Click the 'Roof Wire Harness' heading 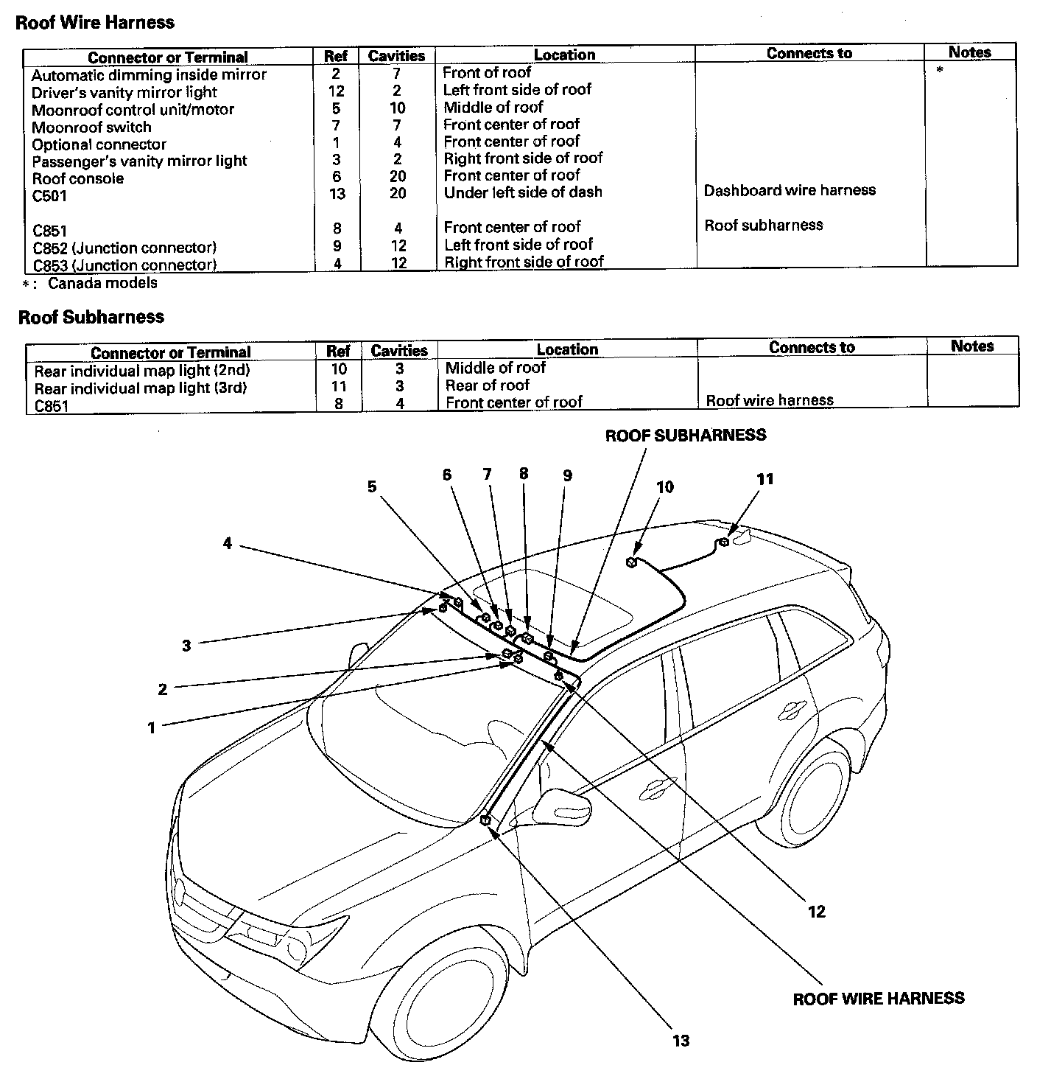tap(94, 22)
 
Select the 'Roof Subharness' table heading tap(91, 317)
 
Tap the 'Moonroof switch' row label tap(91, 127)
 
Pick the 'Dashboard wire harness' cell tap(790, 190)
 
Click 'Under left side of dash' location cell tap(523, 192)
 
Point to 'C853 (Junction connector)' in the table tap(124, 265)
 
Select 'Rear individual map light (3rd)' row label tap(141, 388)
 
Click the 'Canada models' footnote tap(102, 283)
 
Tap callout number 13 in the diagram tap(681, 1040)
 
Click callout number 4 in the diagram tap(228, 543)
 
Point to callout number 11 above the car tap(765, 479)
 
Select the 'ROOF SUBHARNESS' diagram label tap(685, 435)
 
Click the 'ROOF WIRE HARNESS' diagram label tap(878, 999)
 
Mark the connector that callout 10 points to tap(631, 563)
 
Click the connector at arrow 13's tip tap(485, 820)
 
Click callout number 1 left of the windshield tap(152, 727)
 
